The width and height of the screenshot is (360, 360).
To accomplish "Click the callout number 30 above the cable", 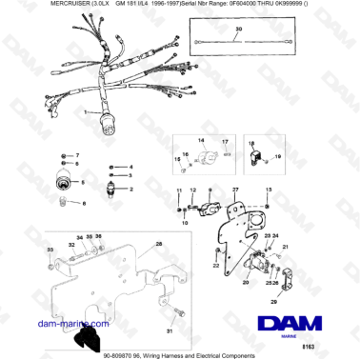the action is [x=238, y=30].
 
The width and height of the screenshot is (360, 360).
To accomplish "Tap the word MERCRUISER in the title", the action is [x=28, y=7].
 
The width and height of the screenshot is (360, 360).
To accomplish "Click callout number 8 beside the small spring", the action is [x=84, y=203].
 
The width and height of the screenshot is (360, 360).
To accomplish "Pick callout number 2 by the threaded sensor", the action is [x=132, y=190].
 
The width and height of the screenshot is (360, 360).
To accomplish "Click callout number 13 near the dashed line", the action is [x=270, y=191].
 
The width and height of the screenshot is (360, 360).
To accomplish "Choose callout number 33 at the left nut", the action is [x=50, y=249].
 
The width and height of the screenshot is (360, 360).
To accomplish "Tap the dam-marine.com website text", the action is [x=39, y=325].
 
